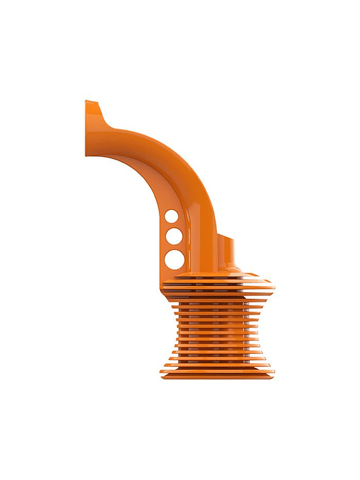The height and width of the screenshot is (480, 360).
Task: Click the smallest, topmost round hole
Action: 170,216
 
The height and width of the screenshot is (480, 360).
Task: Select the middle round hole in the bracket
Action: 172,235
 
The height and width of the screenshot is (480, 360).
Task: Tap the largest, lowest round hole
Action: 174,259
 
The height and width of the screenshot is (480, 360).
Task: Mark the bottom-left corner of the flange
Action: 87,155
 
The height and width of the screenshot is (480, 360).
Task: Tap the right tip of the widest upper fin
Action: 272,287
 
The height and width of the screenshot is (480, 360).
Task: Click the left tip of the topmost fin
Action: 163,279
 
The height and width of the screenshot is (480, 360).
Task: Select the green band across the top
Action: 180,30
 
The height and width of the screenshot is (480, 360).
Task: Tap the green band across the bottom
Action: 180,450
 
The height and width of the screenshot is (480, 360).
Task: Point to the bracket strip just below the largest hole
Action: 172,273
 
